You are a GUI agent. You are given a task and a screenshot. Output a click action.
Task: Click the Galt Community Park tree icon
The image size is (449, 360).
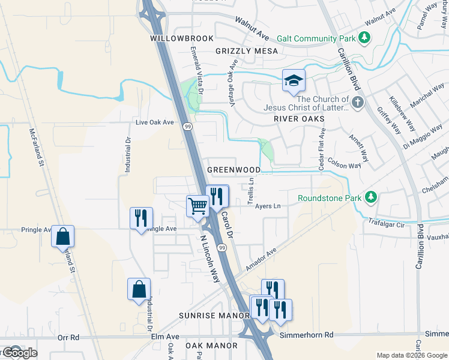(364, 38)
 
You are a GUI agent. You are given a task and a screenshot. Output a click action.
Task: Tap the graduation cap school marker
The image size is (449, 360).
(294, 81)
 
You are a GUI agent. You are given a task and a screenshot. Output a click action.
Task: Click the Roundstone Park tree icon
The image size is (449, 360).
(372, 197)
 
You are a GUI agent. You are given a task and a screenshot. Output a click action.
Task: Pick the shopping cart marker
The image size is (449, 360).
(197, 206)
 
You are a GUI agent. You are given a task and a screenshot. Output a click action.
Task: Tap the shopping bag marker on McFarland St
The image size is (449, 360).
(62, 236)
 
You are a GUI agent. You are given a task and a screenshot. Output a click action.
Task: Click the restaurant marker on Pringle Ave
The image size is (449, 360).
(142, 217)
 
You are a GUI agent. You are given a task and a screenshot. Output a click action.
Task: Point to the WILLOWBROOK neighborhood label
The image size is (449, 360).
(182, 38)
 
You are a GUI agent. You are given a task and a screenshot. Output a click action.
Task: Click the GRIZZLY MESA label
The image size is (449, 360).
(247, 51)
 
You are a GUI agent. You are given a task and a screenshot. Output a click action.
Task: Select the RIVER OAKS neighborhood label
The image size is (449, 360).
(299, 119)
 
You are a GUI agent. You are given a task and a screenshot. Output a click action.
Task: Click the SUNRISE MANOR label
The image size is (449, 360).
(214, 315)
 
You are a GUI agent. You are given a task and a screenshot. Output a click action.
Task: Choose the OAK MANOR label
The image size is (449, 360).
(211, 346)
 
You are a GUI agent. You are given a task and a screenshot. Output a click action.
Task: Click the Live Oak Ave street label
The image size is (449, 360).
(155, 122)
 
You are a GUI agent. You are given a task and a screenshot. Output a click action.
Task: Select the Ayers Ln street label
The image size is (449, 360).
(268, 206)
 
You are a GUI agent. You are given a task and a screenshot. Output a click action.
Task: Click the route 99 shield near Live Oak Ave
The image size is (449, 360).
(188, 127)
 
